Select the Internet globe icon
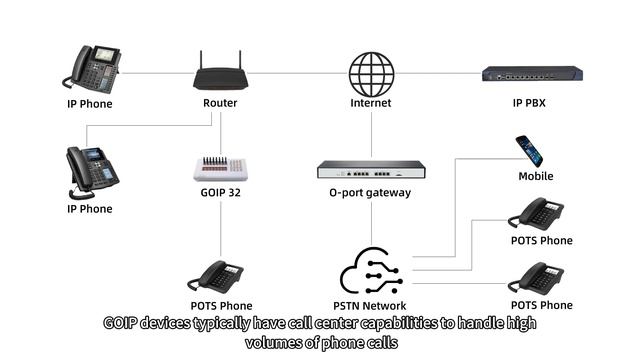(x=371, y=72)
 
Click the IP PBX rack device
(x=531, y=73)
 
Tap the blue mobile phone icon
(x=529, y=151)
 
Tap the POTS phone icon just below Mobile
(x=536, y=213)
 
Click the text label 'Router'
(x=220, y=103)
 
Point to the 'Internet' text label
(x=371, y=103)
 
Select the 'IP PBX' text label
(x=531, y=103)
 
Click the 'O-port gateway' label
(x=370, y=193)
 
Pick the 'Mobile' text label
(x=535, y=176)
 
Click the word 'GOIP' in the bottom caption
(x=124, y=324)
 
